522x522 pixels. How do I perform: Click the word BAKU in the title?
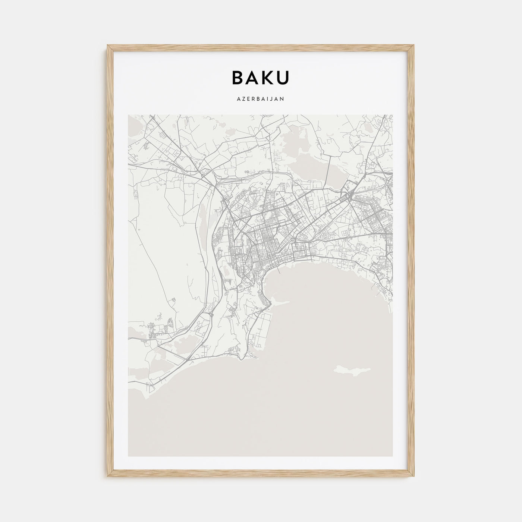coord(260,77)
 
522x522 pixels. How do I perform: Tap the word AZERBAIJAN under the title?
coord(260,99)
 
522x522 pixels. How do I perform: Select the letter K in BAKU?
coord(267,77)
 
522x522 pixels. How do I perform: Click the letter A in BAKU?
coord(252,77)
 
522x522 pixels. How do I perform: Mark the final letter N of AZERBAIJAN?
coord(283,99)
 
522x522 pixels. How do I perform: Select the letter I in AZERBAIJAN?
coord(268,99)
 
